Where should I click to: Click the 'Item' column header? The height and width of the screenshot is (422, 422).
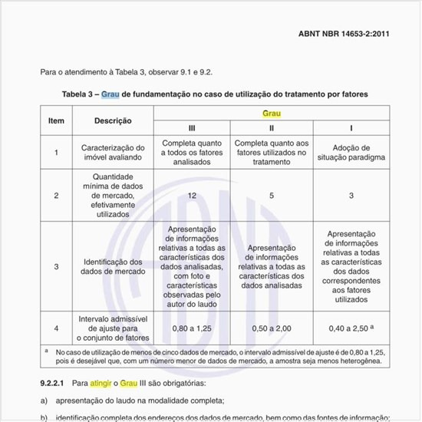(56, 120)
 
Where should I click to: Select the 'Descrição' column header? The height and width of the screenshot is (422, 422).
(113, 120)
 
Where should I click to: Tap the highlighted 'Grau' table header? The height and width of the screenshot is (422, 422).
(271, 113)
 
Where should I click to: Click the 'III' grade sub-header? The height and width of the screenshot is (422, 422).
(192, 127)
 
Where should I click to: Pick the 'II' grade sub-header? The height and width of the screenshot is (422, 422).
(271, 127)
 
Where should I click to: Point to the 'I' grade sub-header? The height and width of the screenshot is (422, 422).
(351, 127)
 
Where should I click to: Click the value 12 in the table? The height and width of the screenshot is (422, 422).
(192, 196)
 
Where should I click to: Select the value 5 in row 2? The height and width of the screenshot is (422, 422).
(271, 196)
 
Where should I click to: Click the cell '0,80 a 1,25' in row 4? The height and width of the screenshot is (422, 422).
(192, 328)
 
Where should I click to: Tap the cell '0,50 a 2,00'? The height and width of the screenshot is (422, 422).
(271, 328)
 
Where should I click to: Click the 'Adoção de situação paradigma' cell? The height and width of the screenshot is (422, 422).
(351, 153)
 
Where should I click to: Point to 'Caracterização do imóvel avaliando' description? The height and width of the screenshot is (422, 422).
(113, 153)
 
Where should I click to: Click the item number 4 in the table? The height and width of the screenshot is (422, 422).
(56, 328)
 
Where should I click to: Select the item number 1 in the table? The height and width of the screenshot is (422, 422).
(56, 153)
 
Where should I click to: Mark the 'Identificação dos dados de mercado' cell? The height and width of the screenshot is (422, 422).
(113, 266)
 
